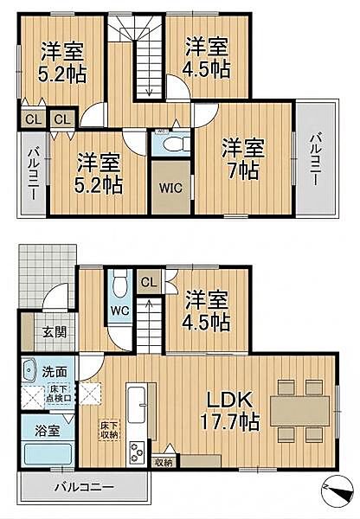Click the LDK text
click(228, 400)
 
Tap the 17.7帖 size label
click(229, 423)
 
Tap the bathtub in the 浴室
click(47, 455)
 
